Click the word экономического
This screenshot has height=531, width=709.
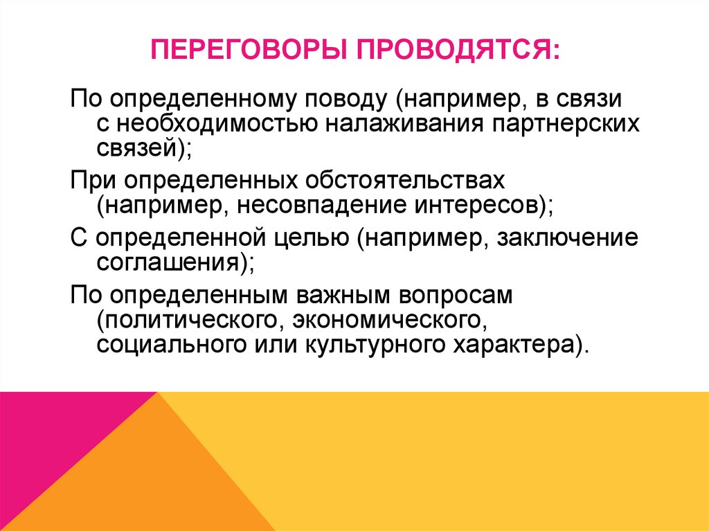coord(386,319)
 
